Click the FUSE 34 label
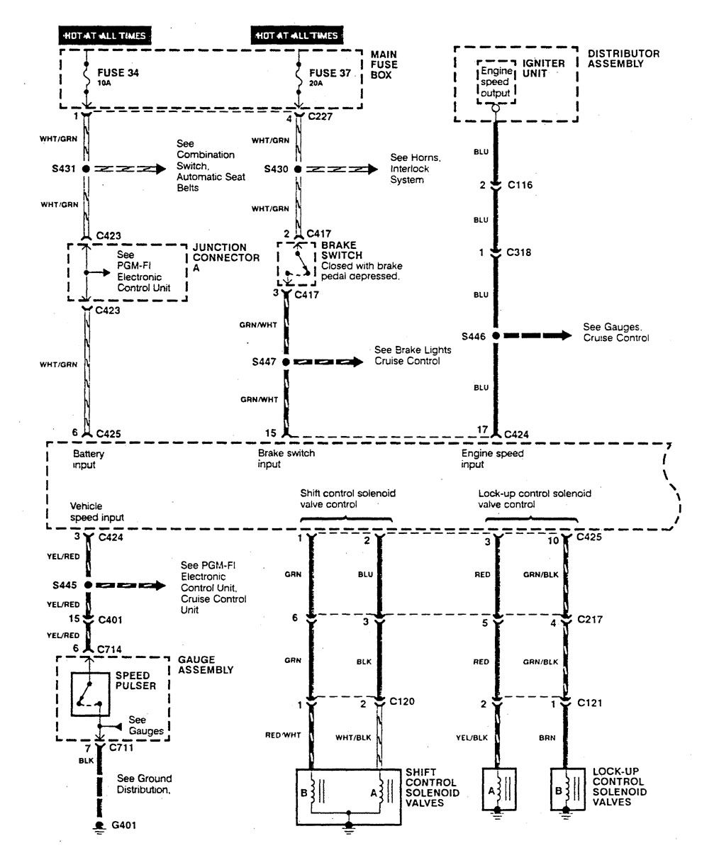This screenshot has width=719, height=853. (118, 73)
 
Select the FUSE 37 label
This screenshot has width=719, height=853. (330, 73)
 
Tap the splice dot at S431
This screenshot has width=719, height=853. (86, 169)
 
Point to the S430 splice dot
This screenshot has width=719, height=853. (298, 169)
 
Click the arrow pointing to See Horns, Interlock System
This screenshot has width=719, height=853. (342, 169)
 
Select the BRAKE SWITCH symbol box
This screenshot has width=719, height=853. (296, 264)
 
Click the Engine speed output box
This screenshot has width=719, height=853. (496, 82)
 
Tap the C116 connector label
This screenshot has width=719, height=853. (520, 185)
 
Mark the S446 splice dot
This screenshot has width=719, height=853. (496, 336)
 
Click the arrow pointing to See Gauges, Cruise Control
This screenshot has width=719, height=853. (537, 335)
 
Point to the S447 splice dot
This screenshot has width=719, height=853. (286, 362)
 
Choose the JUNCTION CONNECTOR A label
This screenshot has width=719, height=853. (226, 258)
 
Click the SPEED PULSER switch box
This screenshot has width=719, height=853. (90, 694)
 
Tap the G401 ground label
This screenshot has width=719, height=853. (124, 825)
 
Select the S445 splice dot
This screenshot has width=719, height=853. (88, 586)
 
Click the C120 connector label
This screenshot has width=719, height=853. (402, 701)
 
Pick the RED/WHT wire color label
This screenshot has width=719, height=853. (283, 735)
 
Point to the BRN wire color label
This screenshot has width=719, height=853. (547, 738)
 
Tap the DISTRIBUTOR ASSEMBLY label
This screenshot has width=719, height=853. (623, 59)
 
